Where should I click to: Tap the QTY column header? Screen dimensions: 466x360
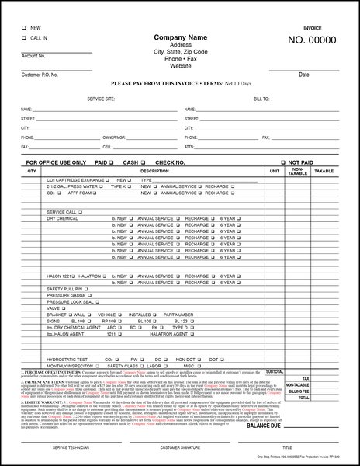pos(31,170)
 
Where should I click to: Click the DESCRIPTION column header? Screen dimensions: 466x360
pos(154,170)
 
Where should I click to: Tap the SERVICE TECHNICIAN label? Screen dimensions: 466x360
pos(69,448)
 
